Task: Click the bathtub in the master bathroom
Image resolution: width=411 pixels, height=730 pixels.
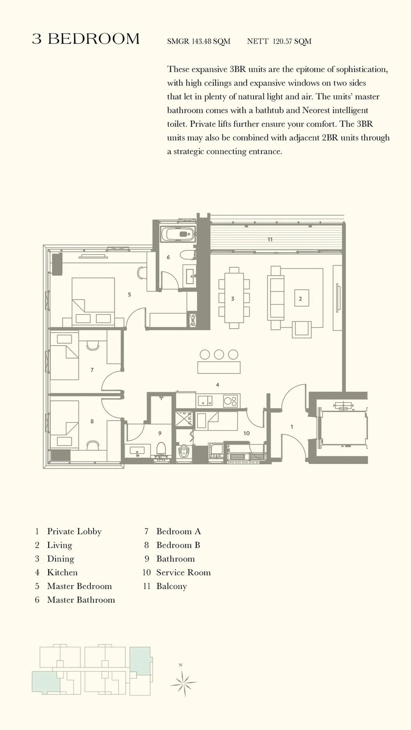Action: click(x=179, y=234)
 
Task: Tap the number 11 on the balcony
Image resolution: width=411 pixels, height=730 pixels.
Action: click(x=270, y=239)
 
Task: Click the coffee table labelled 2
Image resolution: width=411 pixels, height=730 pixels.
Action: click(x=300, y=299)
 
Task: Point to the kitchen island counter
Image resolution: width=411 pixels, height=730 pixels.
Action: click(x=219, y=367)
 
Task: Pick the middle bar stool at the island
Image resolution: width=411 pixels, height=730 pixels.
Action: click(x=219, y=354)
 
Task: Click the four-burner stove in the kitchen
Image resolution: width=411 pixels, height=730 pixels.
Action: click(x=231, y=401)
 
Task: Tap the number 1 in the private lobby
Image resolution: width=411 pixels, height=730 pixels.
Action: click(x=292, y=426)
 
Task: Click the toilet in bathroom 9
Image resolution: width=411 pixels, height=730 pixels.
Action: click(x=161, y=449)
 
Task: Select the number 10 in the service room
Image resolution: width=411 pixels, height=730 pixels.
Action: click(x=247, y=433)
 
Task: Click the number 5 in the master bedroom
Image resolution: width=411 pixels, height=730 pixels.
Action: click(x=130, y=294)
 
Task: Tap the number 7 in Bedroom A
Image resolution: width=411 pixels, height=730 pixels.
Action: click(x=92, y=370)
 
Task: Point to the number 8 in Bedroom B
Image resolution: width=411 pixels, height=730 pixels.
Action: click(x=92, y=421)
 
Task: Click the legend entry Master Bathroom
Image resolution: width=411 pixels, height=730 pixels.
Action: click(x=81, y=600)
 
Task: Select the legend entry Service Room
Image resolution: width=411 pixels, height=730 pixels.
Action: click(x=184, y=572)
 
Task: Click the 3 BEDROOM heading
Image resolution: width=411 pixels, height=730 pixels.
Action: click(x=86, y=39)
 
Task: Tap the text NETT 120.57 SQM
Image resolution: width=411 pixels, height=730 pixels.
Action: click(x=279, y=41)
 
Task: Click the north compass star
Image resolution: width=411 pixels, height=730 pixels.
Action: click(x=184, y=683)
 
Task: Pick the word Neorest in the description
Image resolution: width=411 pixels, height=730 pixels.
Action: click(x=316, y=110)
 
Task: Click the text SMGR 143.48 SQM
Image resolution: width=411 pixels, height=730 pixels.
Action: click(x=199, y=41)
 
